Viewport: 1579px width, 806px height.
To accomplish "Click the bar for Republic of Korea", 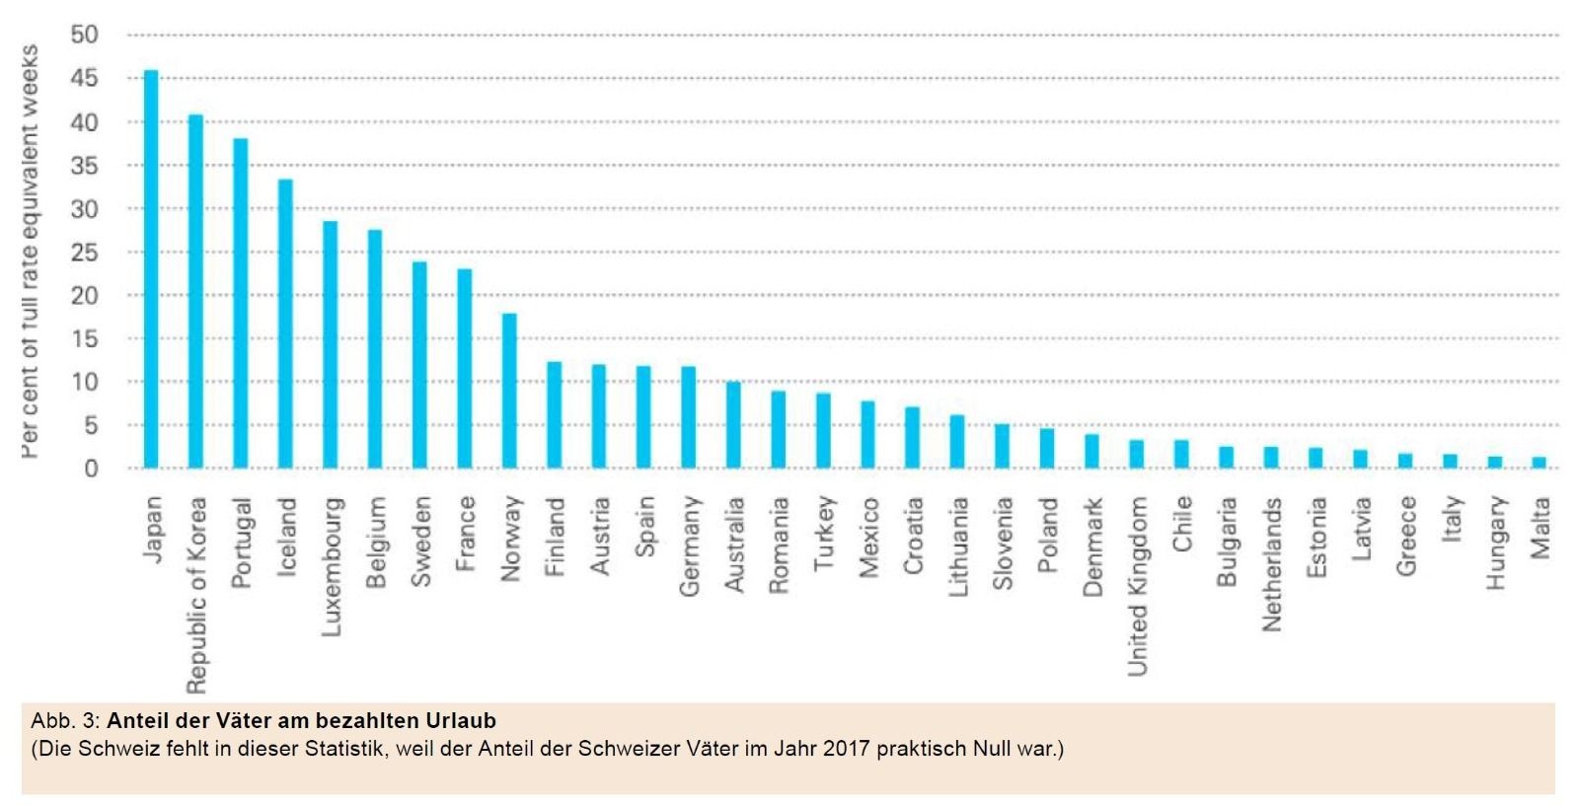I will point(195,292).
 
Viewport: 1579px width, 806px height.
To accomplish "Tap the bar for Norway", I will point(509,391).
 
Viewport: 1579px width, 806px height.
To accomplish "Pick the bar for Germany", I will point(689,417).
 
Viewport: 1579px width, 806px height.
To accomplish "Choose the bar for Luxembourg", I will point(331,344).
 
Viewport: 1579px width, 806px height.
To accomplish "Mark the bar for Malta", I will point(1540,463).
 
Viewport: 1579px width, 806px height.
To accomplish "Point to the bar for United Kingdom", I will point(1137,454).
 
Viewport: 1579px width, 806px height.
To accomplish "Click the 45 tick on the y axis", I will point(85,78).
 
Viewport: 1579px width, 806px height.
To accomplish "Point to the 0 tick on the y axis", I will point(91,469).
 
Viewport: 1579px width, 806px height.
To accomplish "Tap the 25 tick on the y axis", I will point(85,253).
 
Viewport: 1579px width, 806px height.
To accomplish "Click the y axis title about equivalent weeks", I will point(30,252).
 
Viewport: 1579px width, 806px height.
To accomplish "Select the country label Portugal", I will point(242,542).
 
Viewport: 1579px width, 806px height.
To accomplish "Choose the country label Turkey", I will point(824,533).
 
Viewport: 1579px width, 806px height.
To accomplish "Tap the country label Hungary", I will point(1496,543).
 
